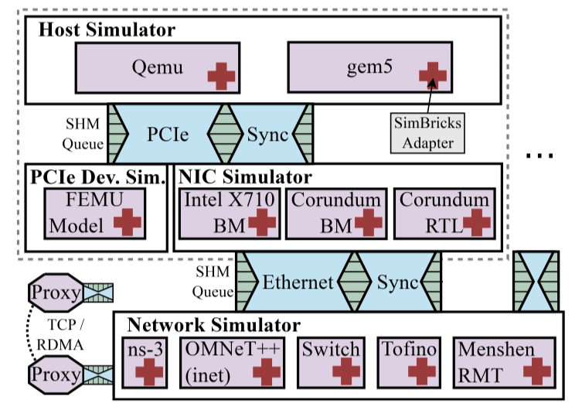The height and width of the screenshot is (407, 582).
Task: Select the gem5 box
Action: tap(362, 67)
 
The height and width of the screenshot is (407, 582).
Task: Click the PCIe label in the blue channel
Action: tap(168, 134)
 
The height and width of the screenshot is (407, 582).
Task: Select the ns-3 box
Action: tap(147, 361)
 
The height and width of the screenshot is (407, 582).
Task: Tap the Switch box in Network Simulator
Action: tap(330, 361)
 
